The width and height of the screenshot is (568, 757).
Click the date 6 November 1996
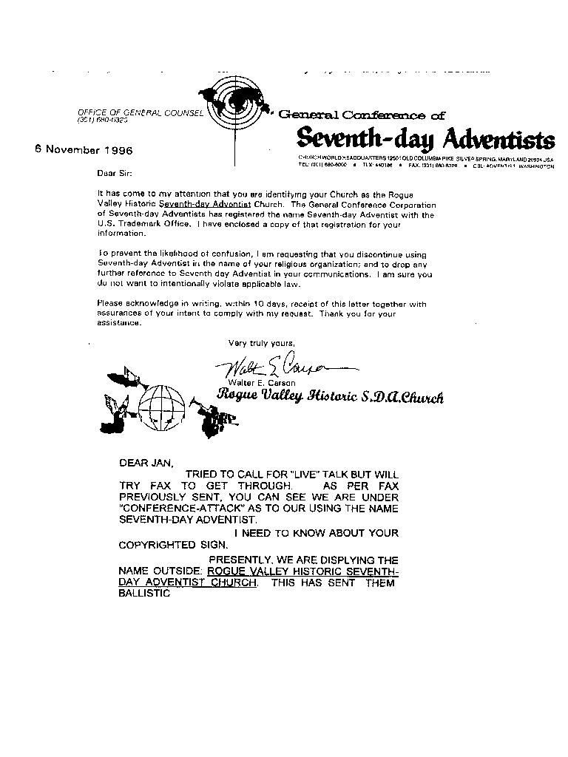(84, 149)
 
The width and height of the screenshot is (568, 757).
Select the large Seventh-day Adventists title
(425, 138)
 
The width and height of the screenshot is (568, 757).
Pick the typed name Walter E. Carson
(261, 382)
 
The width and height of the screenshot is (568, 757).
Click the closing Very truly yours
(261, 343)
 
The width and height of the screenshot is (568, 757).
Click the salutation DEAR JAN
(146, 464)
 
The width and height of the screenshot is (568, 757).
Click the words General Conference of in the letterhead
(362, 115)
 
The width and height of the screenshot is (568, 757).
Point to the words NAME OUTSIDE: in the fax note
(160, 571)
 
